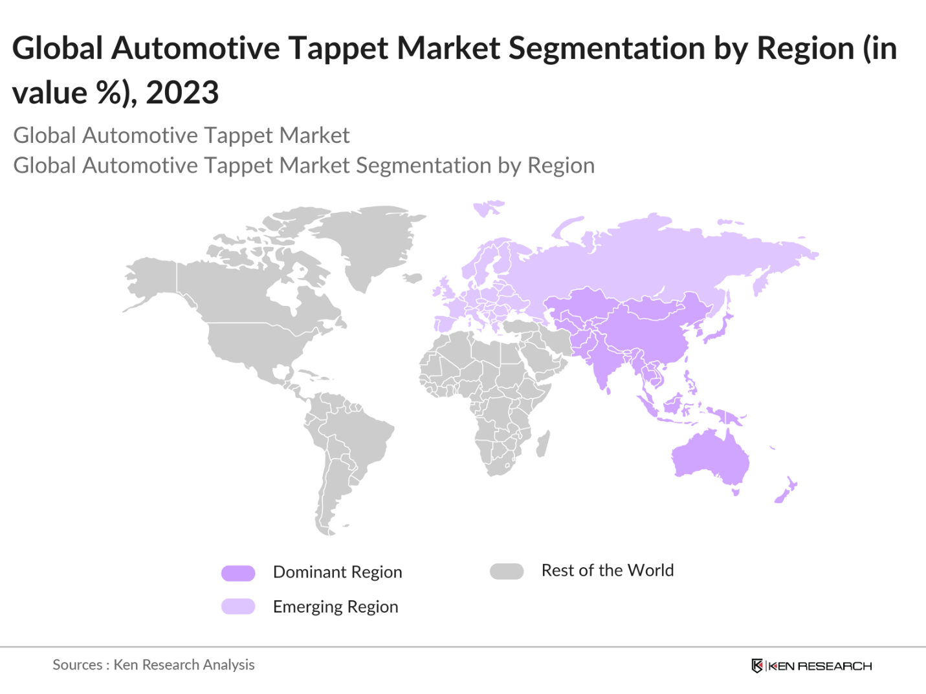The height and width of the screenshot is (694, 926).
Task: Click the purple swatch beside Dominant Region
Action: [238, 573]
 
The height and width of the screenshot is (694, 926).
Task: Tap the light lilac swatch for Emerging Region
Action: [238, 607]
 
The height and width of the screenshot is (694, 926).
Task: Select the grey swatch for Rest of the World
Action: [507, 572]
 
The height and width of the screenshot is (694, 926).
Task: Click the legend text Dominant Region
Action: [337, 572]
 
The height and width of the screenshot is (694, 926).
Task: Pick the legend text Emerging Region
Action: [335, 607]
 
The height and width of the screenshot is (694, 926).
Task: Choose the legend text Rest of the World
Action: [607, 570]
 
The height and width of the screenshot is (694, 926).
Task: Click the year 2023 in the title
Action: [182, 93]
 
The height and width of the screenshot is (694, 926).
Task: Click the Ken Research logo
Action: [811, 666]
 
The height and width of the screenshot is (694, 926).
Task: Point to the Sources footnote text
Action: [153, 665]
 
